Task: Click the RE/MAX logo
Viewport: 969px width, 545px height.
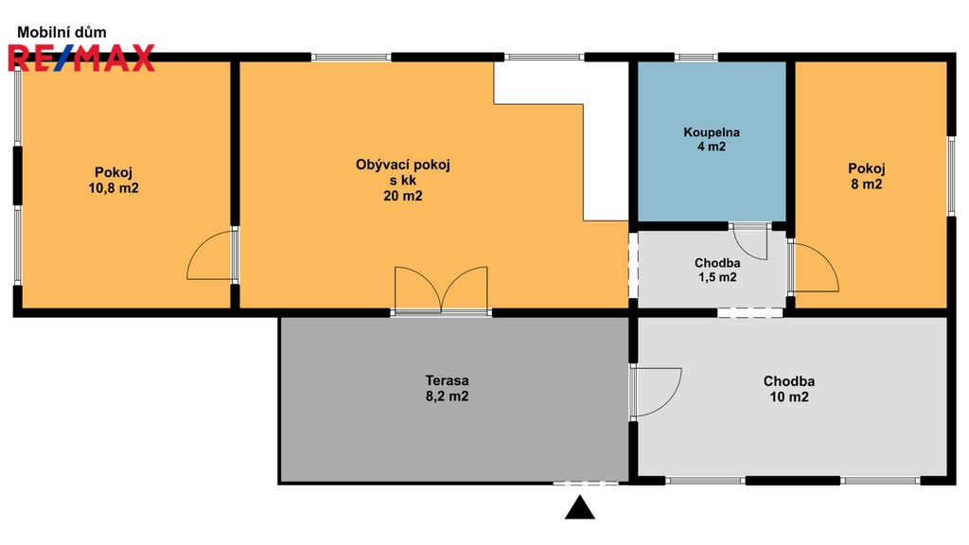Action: point(81,58)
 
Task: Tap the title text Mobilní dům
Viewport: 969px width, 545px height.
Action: point(62,32)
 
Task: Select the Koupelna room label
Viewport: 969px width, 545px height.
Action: point(712,132)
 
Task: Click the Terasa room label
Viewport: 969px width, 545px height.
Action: point(447,380)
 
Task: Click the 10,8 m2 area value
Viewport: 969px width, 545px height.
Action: point(114,188)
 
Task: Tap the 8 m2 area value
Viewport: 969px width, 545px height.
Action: point(867,185)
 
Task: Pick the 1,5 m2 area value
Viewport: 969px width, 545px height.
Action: point(717,277)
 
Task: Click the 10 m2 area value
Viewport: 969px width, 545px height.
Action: point(789,397)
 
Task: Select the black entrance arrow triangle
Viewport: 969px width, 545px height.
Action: point(580,508)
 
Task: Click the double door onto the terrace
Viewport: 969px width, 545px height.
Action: point(441,290)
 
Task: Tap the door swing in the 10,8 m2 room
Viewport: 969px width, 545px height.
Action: point(210,255)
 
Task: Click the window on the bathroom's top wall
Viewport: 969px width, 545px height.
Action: point(696,58)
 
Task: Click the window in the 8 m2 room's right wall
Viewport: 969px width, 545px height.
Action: point(952,175)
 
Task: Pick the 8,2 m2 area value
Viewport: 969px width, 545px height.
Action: point(447,396)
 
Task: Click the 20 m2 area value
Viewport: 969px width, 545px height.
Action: point(403,197)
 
